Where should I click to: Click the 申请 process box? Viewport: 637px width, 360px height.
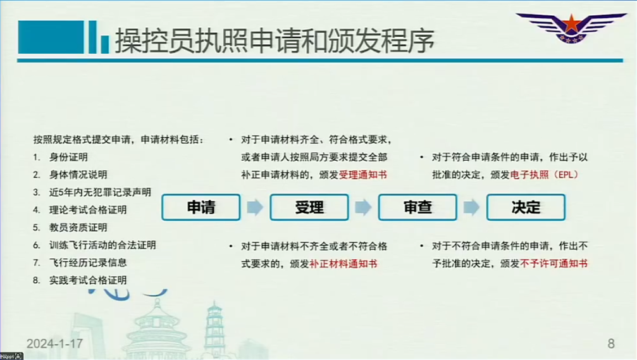point(201,208)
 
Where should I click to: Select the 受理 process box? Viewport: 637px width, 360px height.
point(309,208)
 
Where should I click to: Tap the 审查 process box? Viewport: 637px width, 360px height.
point(417,208)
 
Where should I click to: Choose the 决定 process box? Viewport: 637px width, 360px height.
point(526,208)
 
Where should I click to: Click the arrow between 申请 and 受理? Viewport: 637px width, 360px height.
point(255,208)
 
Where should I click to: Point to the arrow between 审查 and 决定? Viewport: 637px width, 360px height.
point(472,208)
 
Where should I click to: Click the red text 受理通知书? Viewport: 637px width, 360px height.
point(363,175)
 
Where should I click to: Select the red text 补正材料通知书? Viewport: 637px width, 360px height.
point(343,264)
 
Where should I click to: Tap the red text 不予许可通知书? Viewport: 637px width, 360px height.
point(554,263)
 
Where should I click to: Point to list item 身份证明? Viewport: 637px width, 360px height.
point(68,158)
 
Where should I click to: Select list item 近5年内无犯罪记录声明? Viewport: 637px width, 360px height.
point(100,192)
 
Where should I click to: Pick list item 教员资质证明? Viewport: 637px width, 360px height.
point(78,228)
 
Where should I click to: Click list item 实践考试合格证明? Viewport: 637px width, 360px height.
point(88,280)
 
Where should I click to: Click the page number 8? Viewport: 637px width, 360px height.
point(611,344)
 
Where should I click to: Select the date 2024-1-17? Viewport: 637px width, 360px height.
point(54,344)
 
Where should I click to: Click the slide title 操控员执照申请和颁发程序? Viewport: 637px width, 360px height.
point(275,41)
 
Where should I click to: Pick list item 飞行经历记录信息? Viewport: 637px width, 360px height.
point(88,263)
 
